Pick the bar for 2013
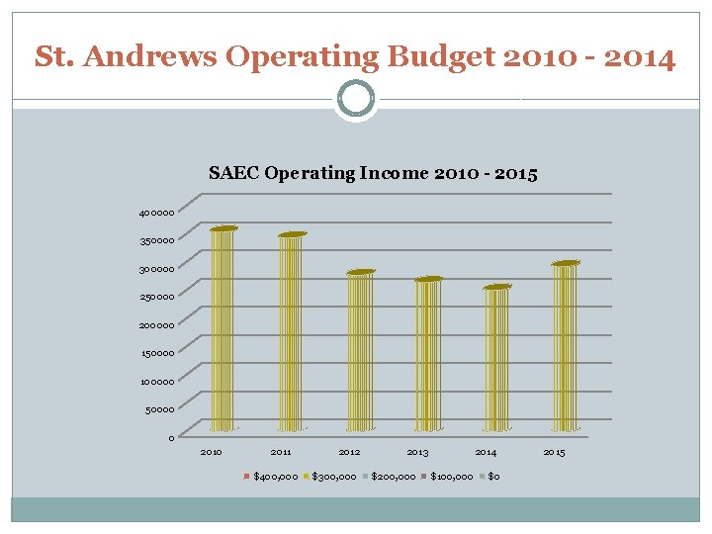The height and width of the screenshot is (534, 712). (428, 355)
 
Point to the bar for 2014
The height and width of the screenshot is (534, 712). (496, 359)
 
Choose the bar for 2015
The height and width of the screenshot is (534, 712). (565, 347)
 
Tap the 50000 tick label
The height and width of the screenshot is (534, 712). (159, 409)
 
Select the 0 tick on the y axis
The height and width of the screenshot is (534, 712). (171, 438)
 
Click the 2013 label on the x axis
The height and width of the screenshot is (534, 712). (417, 453)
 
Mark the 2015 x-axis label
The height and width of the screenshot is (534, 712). (554, 453)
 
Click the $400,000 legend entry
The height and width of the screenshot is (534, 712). (271, 478)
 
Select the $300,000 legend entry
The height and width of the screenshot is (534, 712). (330, 478)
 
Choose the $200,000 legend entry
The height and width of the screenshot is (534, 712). (390, 478)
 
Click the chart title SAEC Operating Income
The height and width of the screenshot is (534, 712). (373, 174)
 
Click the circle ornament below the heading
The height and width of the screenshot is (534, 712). (356, 99)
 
